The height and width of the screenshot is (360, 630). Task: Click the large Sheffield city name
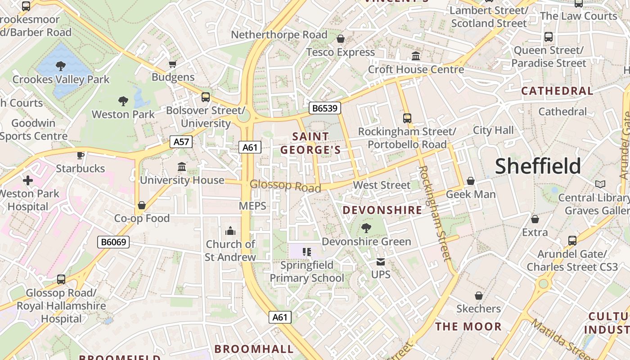(x=538, y=166)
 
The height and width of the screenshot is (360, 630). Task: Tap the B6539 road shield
(x=325, y=108)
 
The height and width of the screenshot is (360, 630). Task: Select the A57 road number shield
(x=181, y=142)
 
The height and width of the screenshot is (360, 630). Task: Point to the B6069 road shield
(x=113, y=242)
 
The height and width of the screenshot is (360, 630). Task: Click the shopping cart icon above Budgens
(x=172, y=64)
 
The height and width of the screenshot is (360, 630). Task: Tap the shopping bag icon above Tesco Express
(x=341, y=39)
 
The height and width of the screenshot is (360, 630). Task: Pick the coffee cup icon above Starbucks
(x=81, y=156)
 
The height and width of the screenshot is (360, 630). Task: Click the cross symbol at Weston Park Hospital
(x=28, y=181)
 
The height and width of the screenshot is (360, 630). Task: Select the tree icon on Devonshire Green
(x=366, y=228)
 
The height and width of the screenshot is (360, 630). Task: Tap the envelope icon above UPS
(x=381, y=261)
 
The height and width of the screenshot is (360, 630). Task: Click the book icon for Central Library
(x=600, y=184)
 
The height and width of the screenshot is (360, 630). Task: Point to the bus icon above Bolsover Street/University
(x=206, y=97)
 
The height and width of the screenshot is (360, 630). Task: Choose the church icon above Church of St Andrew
(x=230, y=231)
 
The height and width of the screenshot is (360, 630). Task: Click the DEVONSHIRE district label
(x=382, y=210)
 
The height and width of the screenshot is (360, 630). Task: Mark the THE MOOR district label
(x=468, y=327)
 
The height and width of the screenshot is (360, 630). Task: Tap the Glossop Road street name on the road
(x=285, y=186)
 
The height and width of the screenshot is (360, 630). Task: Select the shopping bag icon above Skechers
(x=479, y=296)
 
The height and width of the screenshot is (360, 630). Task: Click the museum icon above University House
(x=182, y=167)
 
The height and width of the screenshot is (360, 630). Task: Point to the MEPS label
(x=252, y=206)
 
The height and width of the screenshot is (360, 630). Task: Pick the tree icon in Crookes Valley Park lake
(x=61, y=67)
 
